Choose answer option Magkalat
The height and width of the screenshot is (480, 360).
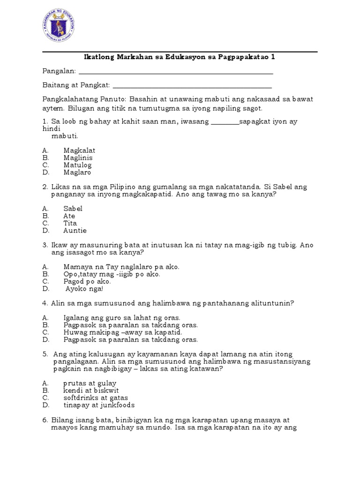click(79, 150)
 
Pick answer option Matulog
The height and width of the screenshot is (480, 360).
click(77, 165)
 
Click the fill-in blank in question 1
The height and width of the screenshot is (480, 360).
click(225, 123)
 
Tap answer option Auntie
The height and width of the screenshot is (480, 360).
click(75, 231)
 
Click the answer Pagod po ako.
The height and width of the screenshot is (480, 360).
click(87, 281)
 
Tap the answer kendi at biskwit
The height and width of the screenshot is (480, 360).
click(91, 390)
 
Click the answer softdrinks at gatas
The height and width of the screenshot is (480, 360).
click(96, 397)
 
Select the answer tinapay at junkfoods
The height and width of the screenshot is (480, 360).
click(99, 405)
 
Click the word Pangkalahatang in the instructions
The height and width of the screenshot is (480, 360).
click(70, 99)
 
